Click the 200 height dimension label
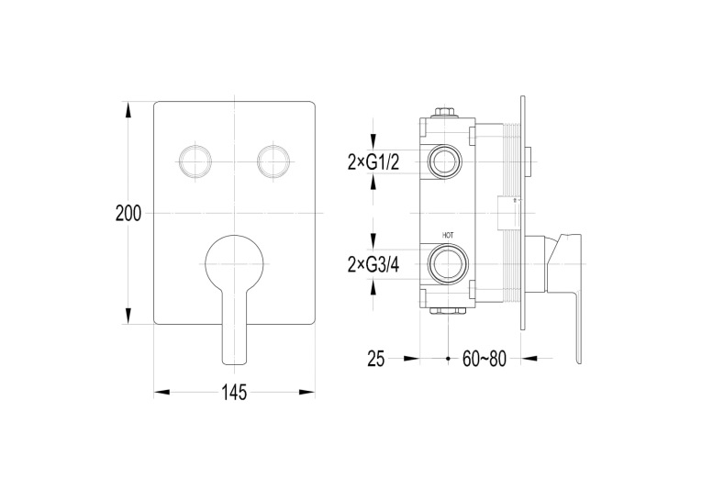pos(128,213)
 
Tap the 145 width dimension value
pos(234,393)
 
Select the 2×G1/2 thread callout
pos(373,162)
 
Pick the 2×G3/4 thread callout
pos(373,265)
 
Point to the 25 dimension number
pos(376,359)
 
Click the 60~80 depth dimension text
pos(484,359)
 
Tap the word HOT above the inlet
pos(448,235)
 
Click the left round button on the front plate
pos(195,161)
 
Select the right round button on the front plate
pos(273,161)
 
